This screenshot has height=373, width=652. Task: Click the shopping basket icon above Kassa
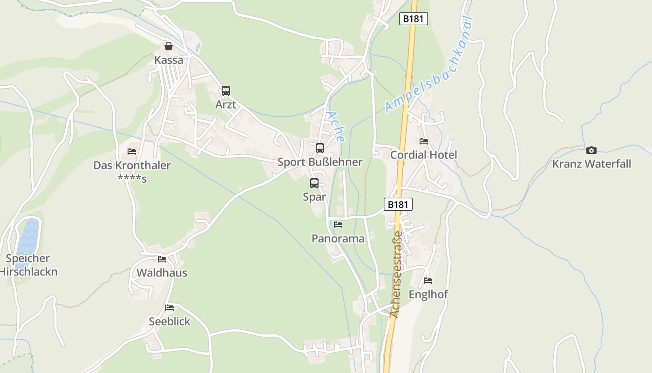(x=169, y=46)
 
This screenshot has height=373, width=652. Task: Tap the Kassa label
(x=169, y=60)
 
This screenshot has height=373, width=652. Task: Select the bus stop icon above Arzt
(x=226, y=91)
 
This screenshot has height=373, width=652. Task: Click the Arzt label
(x=225, y=105)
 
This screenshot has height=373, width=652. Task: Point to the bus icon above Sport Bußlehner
(x=319, y=148)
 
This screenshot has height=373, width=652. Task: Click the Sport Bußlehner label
(x=319, y=162)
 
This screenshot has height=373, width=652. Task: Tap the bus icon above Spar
(x=314, y=183)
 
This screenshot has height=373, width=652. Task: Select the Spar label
(x=314, y=197)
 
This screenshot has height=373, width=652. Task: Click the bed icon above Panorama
(x=338, y=225)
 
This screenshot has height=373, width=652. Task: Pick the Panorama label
(x=338, y=239)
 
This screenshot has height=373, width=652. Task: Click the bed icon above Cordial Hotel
(x=424, y=141)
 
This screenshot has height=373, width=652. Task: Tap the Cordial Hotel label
(x=424, y=155)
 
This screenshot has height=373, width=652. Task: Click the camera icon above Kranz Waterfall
(x=591, y=150)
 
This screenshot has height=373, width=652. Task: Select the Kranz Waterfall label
(x=591, y=164)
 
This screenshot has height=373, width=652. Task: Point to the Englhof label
(x=428, y=295)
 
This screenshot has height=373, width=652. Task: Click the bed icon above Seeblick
(x=170, y=308)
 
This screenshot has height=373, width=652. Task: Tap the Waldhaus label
(x=162, y=273)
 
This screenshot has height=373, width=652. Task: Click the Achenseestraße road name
(x=396, y=275)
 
